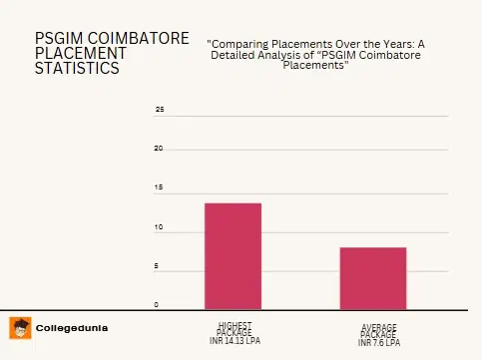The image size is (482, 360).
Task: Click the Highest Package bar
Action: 233,255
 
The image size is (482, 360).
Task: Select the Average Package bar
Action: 373,277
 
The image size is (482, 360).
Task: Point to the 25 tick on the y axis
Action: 160,109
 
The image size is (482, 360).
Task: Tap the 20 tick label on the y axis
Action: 159,149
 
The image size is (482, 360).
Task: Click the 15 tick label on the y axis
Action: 159,187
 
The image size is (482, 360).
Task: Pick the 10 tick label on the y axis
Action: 159,227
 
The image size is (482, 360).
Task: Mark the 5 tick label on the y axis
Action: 157,266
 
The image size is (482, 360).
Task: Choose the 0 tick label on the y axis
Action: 156,304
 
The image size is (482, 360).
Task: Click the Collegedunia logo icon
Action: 19,327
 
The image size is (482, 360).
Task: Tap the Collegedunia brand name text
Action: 72,328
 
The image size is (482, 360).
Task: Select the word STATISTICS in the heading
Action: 77,68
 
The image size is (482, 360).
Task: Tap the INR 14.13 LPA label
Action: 236,341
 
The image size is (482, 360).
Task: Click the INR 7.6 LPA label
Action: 379,342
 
